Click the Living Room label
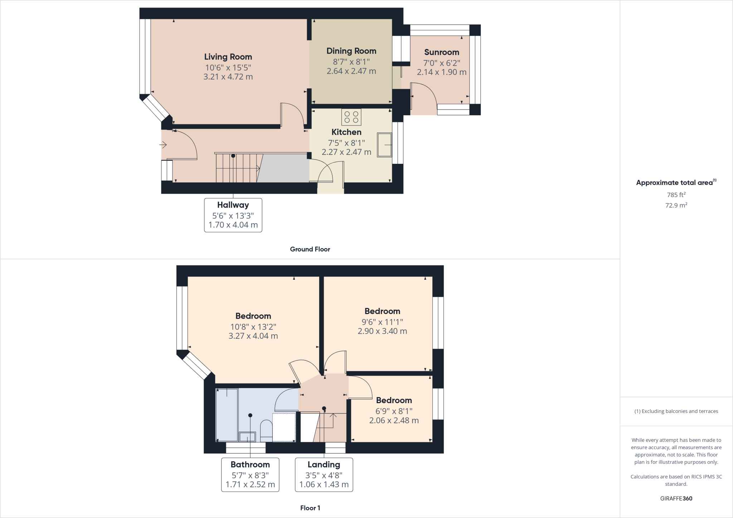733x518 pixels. [228, 57]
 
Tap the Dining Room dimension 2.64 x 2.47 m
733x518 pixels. [351, 71]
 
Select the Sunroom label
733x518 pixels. [441, 52]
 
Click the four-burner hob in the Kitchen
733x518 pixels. [351, 117]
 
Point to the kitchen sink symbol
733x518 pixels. [384, 145]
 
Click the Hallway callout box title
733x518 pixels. [233, 205]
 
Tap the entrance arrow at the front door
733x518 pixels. [163, 145]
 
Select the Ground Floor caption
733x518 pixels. [310, 249]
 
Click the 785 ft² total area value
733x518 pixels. [676, 195]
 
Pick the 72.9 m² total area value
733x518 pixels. [676, 205]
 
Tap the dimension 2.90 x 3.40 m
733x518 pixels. [382, 331]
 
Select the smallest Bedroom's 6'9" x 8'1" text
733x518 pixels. [394, 411]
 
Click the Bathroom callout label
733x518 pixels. [250, 465]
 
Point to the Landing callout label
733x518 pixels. [324, 465]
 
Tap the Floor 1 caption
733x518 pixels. [310, 508]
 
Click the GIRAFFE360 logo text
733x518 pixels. [676, 498]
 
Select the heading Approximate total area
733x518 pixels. [674, 183]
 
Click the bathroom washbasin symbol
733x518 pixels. [247, 437]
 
